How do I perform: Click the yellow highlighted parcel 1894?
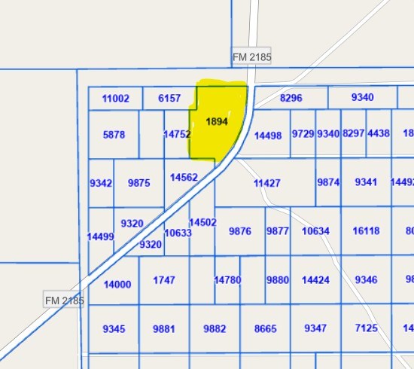pos(218,122)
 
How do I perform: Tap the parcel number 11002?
pos(116,99)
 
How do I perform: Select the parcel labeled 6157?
pos(169,99)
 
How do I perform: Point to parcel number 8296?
pos(291,98)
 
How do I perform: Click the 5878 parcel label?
pos(114,135)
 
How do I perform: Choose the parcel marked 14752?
pos(177,134)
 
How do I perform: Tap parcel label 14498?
pos(268,136)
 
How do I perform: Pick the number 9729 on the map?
pos(303,134)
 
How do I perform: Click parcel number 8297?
pos(353,134)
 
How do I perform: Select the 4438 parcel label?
pos(379,134)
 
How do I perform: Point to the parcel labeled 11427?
pos(267,183)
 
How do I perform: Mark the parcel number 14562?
pos(184,178)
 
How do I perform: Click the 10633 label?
pos(178,233)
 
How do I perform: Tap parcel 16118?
pos(366,231)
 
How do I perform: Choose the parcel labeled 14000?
pos(117,285)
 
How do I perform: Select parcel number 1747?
pos(164,280)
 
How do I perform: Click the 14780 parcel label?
pos(227,280)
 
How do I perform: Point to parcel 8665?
pos(266,328)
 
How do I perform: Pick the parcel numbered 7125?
pos(366,328)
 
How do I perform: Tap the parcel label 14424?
pos(316,280)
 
